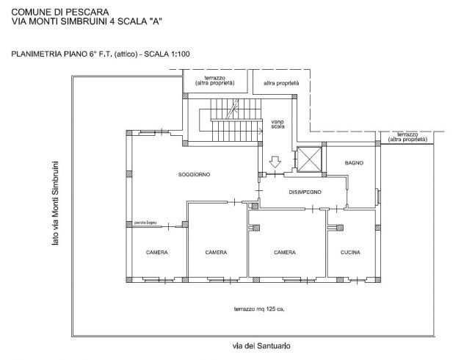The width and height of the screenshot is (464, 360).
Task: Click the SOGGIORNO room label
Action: pyautogui.click(x=194, y=175)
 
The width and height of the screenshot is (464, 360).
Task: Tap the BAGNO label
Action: pyautogui.click(x=354, y=163)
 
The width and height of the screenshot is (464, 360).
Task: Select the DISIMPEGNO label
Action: pyautogui.click(x=305, y=192)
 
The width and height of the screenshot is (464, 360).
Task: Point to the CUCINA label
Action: pyautogui.click(x=350, y=253)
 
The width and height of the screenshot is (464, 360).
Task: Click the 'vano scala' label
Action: pyautogui.click(x=278, y=124)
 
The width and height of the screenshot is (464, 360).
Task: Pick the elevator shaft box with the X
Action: pyautogui.click(x=309, y=159)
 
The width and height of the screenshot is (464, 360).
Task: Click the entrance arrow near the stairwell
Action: pyautogui.click(x=275, y=162)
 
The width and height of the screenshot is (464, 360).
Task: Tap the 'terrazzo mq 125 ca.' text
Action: pyautogui.click(x=259, y=309)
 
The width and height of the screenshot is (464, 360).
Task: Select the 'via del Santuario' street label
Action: pyautogui.click(x=261, y=346)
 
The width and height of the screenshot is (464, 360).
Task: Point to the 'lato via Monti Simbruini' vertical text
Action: pyautogui.click(x=55, y=203)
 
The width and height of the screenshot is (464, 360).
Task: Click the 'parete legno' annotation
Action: pyautogui.click(x=145, y=223)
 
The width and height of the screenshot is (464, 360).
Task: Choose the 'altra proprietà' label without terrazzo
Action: pyautogui.click(x=281, y=84)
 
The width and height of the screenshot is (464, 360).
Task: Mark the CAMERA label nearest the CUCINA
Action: pyautogui.click(x=285, y=253)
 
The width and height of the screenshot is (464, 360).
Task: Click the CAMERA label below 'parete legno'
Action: pyautogui.click(x=157, y=253)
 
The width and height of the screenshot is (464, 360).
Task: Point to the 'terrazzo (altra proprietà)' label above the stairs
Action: pyautogui.click(x=215, y=81)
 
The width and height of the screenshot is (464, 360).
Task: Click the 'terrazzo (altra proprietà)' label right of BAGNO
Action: pyautogui.click(x=407, y=137)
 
